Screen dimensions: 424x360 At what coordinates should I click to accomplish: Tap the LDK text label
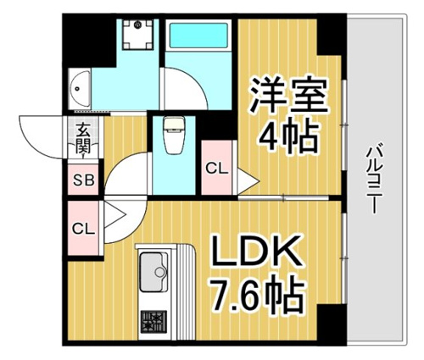point(256,252)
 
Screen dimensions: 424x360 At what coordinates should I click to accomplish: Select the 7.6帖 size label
point(257,294)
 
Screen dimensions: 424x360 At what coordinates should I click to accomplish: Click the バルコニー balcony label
point(374,180)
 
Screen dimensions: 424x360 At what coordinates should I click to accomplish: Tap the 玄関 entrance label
point(83,139)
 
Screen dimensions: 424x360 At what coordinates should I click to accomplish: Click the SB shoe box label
point(84,180)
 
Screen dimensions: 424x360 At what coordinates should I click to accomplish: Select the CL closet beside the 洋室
point(216,169)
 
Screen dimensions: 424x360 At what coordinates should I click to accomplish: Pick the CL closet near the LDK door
point(83,229)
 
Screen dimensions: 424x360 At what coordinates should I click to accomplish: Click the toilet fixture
point(174,136)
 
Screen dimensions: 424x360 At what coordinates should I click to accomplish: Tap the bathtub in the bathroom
point(198,35)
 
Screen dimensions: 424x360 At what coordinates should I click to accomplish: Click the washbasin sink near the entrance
point(80,88)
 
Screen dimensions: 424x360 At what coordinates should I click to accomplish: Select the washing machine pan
point(138,35)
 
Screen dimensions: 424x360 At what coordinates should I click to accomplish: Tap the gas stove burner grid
point(153,322)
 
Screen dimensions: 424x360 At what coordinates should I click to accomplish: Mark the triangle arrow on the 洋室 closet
point(248,180)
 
